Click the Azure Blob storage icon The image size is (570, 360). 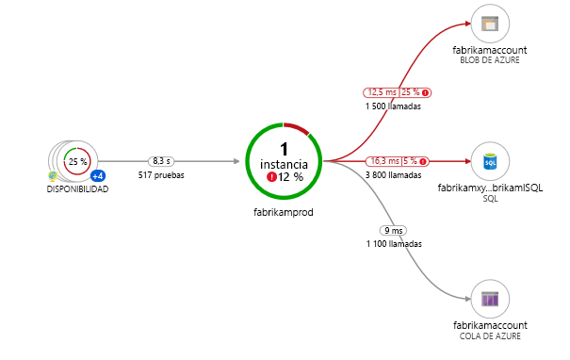click(x=489, y=25)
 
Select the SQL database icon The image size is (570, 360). click(x=489, y=162)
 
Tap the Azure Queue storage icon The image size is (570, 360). click(x=489, y=299)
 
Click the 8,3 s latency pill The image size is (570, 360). click(x=160, y=161)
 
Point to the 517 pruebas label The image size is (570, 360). click(x=160, y=175)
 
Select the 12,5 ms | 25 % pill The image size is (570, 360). click(x=398, y=92)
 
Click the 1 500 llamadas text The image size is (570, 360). click(x=393, y=106)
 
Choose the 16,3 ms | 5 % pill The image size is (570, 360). click(x=398, y=161)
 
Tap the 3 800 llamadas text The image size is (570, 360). click(x=393, y=175)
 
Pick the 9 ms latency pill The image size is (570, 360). click(x=393, y=230)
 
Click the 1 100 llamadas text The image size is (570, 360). click(x=393, y=244)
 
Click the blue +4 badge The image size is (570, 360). click(x=97, y=176)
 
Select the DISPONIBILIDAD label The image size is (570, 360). click(x=77, y=189)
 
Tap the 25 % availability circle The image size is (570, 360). click(x=77, y=161)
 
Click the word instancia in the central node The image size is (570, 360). click(x=284, y=164)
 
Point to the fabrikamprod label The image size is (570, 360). click(x=284, y=212)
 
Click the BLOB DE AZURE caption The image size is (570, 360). click(x=489, y=60)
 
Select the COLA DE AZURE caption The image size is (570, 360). click(x=489, y=335)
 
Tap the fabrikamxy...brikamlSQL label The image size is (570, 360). click(x=489, y=188)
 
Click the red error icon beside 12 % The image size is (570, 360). click(x=270, y=177)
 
